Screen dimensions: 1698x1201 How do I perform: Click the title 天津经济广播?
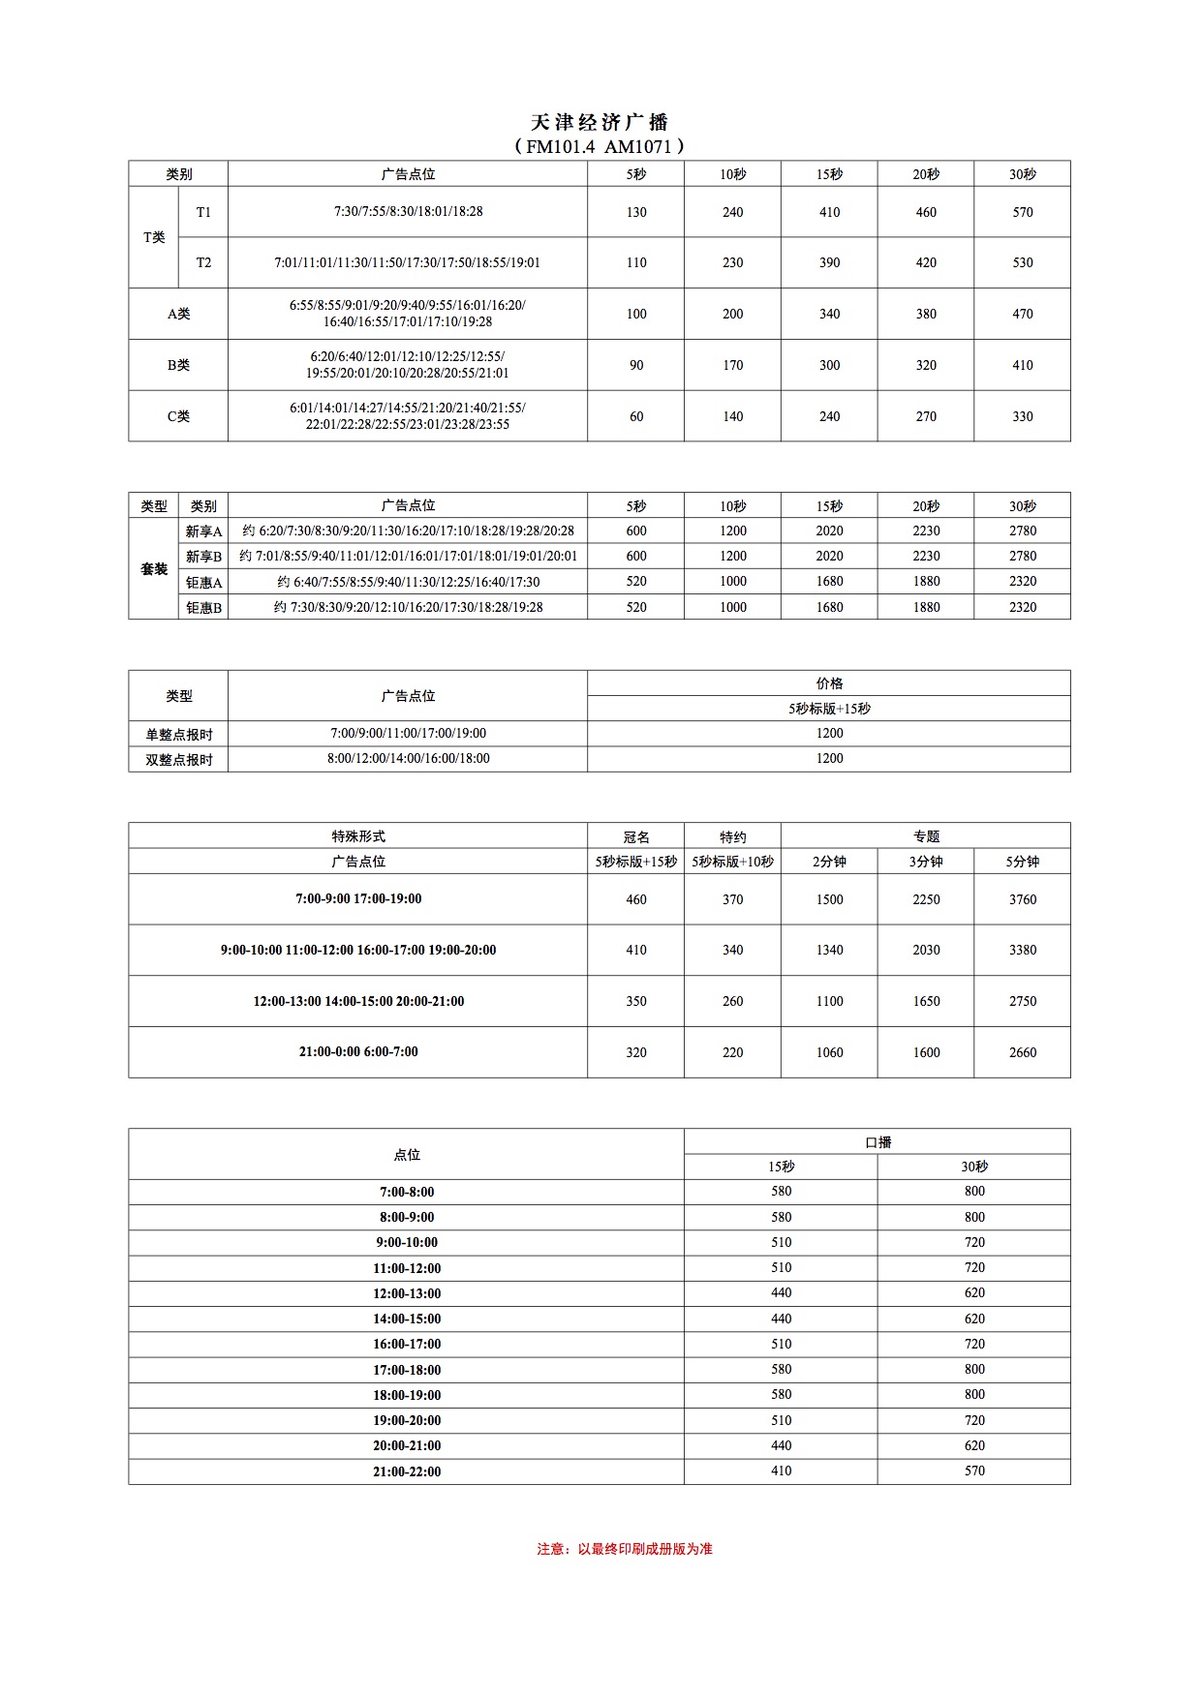click(x=600, y=122)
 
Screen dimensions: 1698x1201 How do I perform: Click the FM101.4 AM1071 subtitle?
click(x=600, y=146)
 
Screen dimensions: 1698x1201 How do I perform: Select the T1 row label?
click(x=203, y=212)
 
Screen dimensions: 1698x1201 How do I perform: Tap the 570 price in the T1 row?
click(x=1022, y=212)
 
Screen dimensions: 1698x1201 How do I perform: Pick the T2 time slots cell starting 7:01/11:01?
click(x=407, y=262)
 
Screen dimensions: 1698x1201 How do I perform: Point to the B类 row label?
click(x=178, y=365)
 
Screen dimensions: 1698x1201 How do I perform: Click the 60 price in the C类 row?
click(x=635, y=416)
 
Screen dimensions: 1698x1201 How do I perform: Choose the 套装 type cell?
click(x=154, y=569)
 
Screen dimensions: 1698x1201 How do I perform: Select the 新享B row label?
click(x=203, y=557)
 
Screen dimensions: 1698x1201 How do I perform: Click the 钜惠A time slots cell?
click(x=407, y=582)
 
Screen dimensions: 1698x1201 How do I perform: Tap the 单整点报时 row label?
click(x=178, y=734)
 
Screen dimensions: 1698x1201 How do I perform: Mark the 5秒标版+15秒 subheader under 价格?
click(x=829, y=709)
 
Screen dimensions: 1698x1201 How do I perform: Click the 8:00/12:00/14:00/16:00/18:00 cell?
click(x=408, y=759)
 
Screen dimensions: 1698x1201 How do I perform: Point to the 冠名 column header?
click(x=635, y=836)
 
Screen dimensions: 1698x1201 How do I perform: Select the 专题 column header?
click(x=926, y=836)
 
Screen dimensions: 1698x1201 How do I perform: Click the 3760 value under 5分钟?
click(x=1022, y=899)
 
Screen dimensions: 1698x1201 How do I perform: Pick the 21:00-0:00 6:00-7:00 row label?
click(x=358, y=1052)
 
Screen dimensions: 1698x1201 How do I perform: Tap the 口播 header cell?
click(x=878, y=1142)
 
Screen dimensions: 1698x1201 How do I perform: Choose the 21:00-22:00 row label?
click(x=407, y=1471)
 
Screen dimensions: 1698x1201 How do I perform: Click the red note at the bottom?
click(x=625, y=1549)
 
